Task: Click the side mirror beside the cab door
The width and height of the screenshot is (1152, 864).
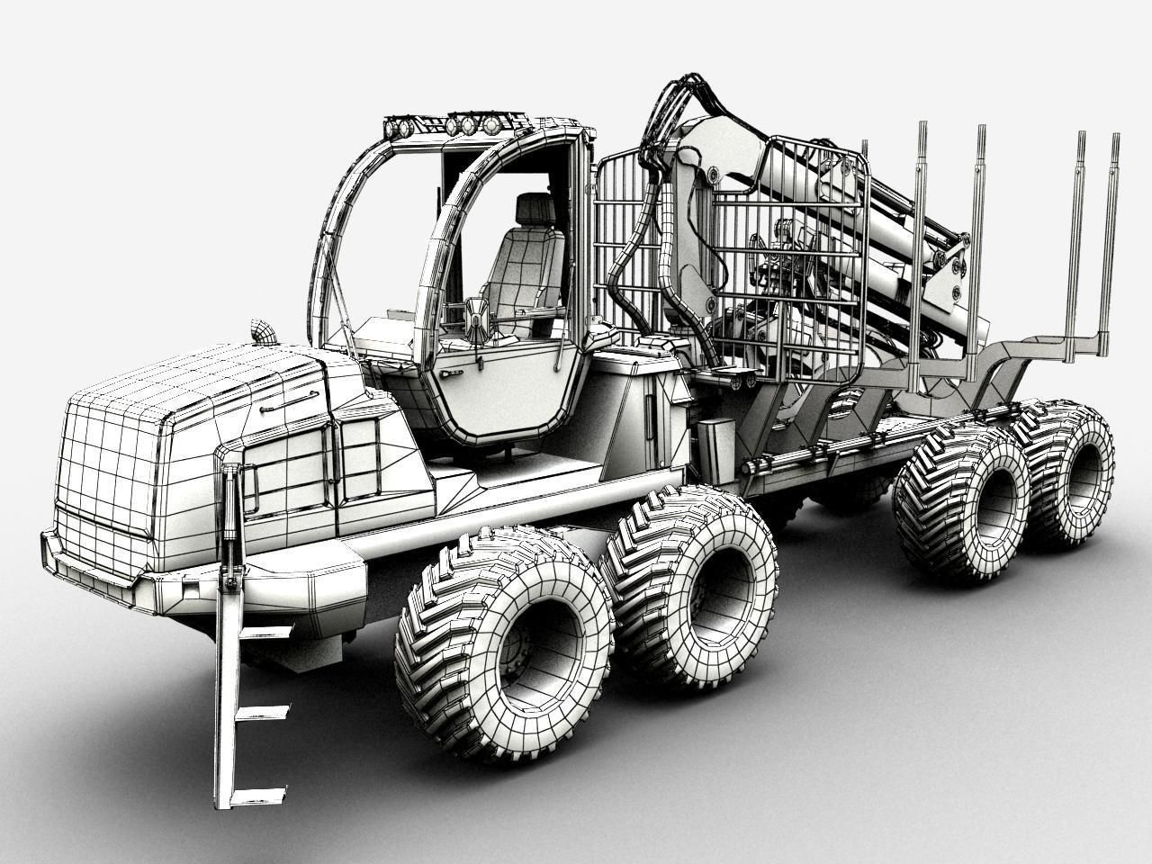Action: pyautogui.click(x=476, y=319)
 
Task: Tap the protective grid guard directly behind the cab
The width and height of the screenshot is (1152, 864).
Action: pyautogui.click(x=630, y=243)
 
